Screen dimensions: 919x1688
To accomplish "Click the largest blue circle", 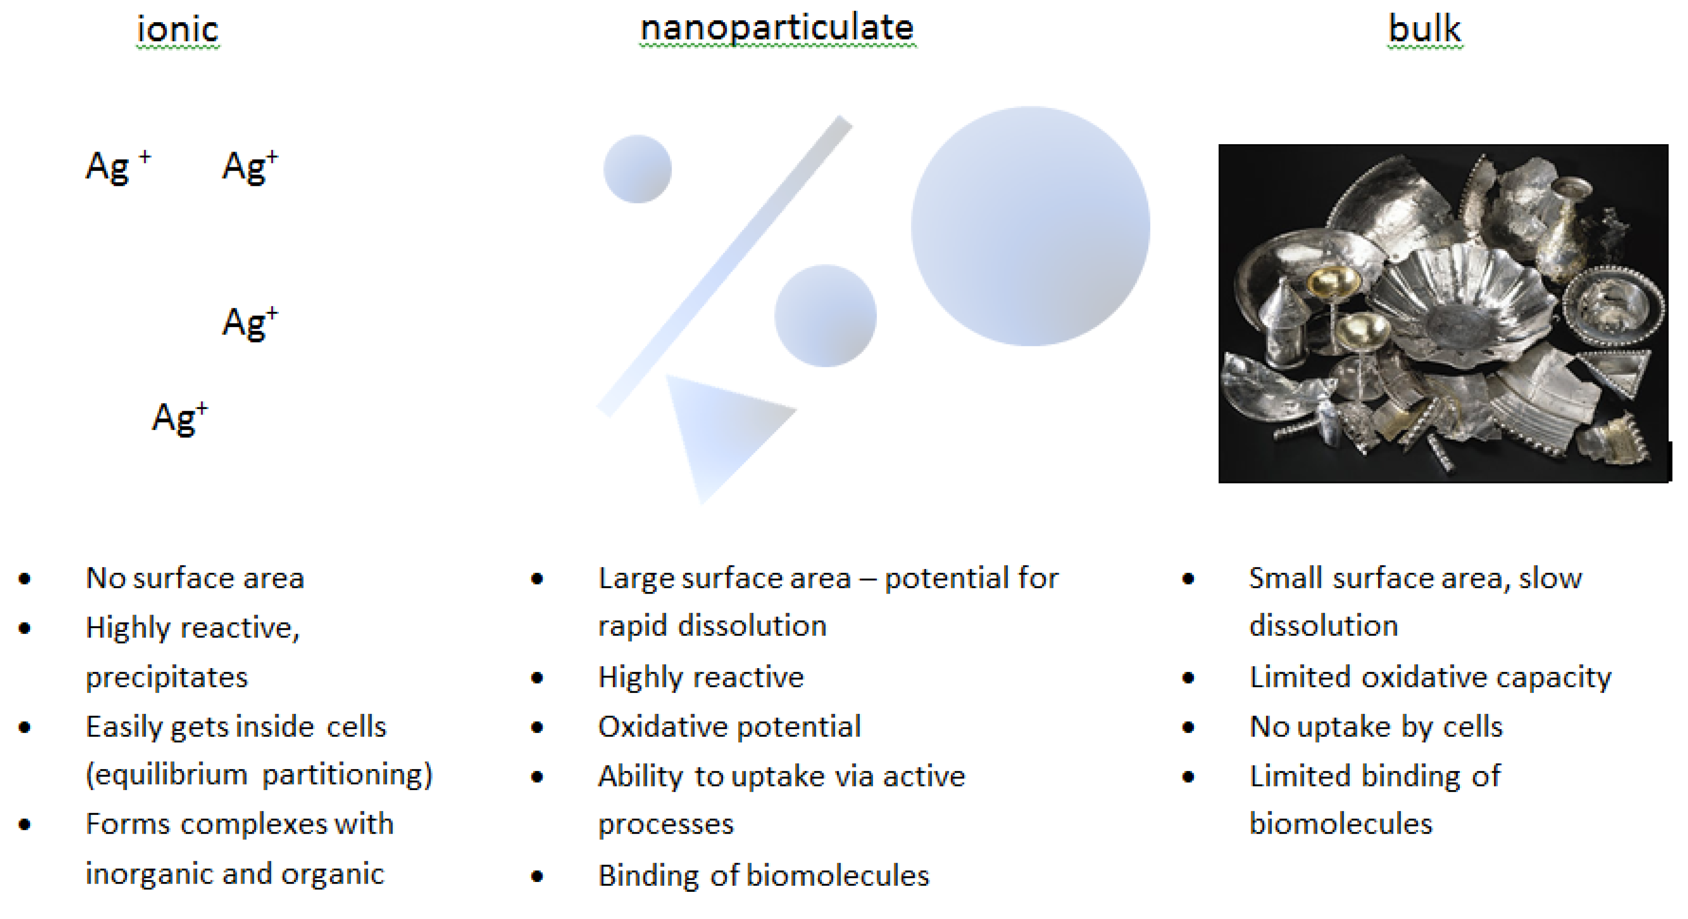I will (1030, 226).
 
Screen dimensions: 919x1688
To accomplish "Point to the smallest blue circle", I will (637, 169).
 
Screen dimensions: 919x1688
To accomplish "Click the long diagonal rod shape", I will (724, 265).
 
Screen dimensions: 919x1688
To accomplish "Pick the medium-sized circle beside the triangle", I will (825, 315).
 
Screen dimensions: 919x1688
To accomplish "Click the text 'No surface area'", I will (194, 578).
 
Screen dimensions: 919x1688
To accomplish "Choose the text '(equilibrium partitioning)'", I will (259, 775).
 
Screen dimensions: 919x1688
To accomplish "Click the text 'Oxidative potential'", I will (729, 726).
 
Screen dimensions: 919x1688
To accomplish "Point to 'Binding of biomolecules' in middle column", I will (763, 876).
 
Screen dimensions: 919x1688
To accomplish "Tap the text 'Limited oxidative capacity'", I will (1430, 677).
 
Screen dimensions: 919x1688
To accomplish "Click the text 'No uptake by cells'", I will (1375, 726).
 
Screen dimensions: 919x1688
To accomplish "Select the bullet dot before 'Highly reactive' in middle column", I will (537, 677).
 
